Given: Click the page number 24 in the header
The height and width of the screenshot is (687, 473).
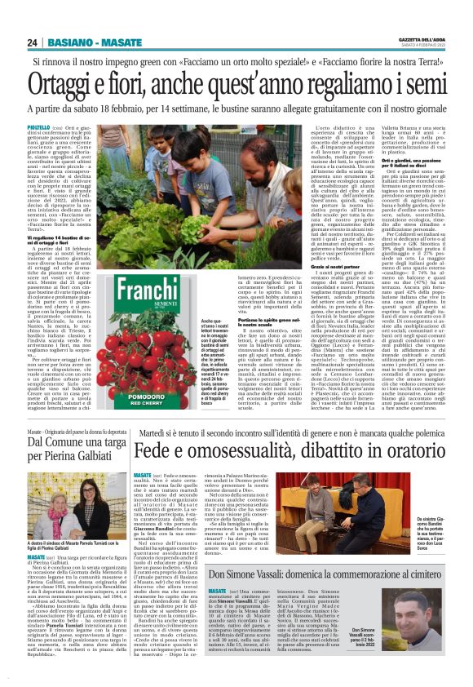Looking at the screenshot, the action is coord(33,42).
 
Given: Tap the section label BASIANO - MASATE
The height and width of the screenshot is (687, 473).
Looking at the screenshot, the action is coord(95,42).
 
